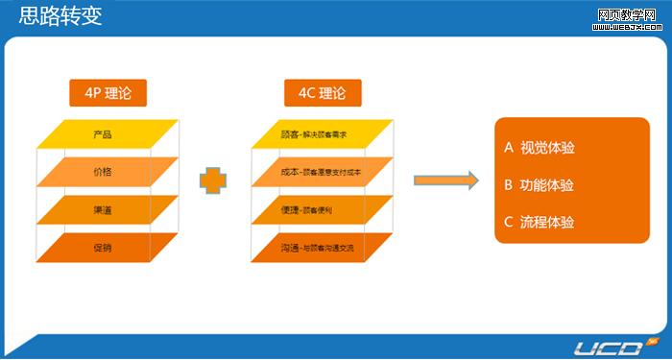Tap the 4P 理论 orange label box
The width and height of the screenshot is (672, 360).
coord(108,93)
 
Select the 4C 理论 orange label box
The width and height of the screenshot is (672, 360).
coord(322,93)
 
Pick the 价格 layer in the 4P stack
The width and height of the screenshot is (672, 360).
coord(104,171)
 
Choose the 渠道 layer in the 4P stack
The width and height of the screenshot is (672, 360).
coord(104,209)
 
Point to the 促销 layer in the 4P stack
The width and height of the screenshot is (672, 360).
coord(104,248)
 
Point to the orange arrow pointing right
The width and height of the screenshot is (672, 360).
coord(445,180)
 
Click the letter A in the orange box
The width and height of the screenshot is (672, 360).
coord(509,148)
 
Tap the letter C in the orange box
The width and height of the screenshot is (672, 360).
coord(509,222)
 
